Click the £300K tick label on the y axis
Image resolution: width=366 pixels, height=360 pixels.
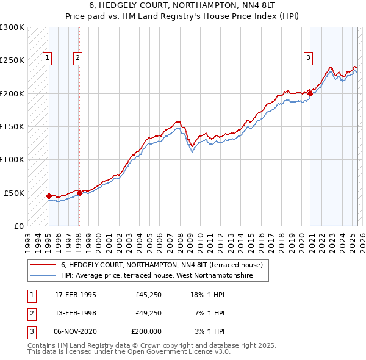[x=12, y=27]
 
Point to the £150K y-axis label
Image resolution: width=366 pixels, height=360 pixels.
[x=12, y=127]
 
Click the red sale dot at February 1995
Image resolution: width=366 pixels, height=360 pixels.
[x=49, y=196]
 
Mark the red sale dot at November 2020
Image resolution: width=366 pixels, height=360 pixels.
[x=310, y=93]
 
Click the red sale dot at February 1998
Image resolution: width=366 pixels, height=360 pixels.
[x=79, y=193]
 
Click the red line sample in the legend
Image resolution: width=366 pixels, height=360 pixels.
[x=43, y=265]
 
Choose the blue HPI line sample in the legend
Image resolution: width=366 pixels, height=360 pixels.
[x=43, y=275]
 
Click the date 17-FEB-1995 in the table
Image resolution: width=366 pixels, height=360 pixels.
[x=75, y=295]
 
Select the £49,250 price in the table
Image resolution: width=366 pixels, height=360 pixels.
[x=148, y=313]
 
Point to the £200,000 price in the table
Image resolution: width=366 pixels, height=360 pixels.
[x=146, y=331]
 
